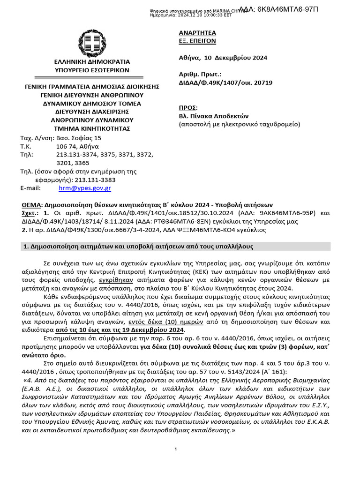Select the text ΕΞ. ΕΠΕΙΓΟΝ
pyautogui.click(x=197, y=41)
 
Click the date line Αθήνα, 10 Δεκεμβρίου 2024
pyautogui.click(x=223, y=58)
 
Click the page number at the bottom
pyautogui.click(x=175, y=450)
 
